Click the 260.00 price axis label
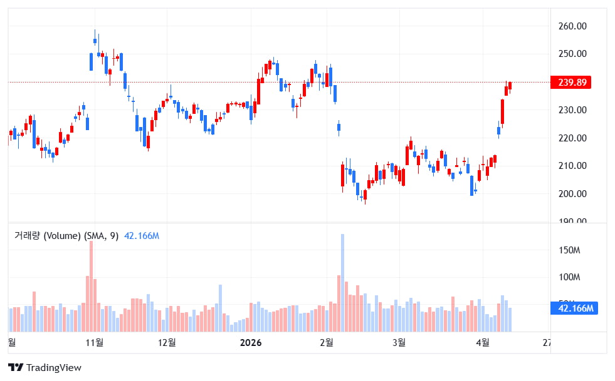pyautogui.click(x=572, y=26)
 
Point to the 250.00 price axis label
pyautogui.click(x=572, y=54)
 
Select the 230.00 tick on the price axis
pyautogui.click(x=572, y=110)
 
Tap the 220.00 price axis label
pyautogui.click(x=572, y=138)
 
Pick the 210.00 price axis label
pyautogui.click(x=572, y=166)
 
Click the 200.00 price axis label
pyautogui.click(x=572, y=194)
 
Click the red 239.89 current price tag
pyautogui.click(x=570, y=83)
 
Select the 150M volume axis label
pyautogui.click(x=569, y=250)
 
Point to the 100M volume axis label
pyautogui.click(x=569, y=277)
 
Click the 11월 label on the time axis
pyautogui.click(x=95, y=342)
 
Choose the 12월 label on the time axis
pyautogui.click(x=167, y=342)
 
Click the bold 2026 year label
pyautogui.click(x=251, y=342)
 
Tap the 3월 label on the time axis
pyautogui.click(x=398, y=342)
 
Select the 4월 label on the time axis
pyautogui.click(x=482, y=342)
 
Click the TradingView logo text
pyautogui.click(x=54, y=368)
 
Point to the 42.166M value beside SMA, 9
pyautogui.click(x=142, y=236)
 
